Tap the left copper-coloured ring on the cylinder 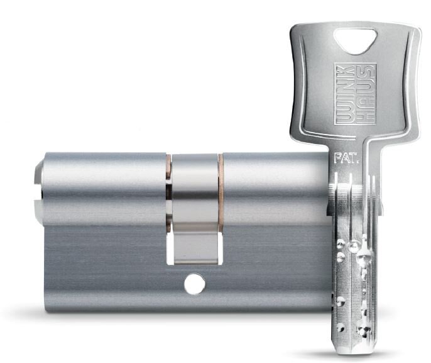click(x=168, y=182)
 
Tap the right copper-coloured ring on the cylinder click(x=221, y=182)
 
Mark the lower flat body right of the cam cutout click(x=270, y=264)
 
